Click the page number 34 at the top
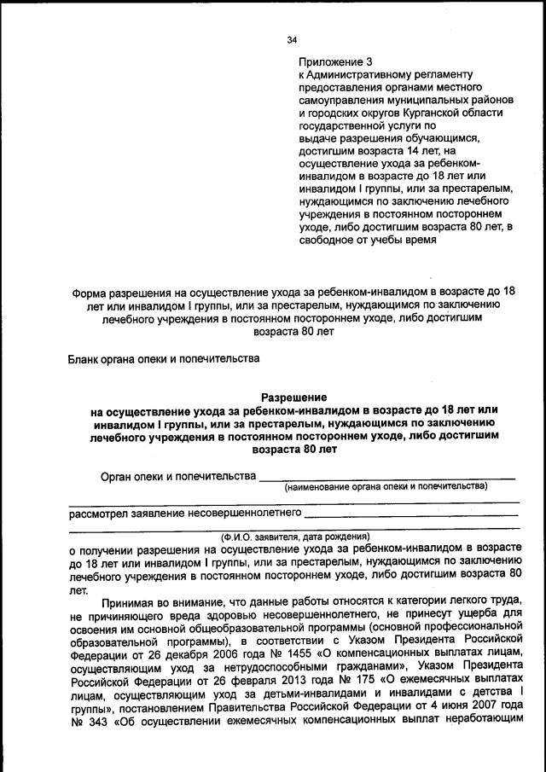(x=293, y=39)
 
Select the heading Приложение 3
(x=336, y=62)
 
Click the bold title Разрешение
(x=293, y=397)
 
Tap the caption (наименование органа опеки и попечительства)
(x=386, y=486)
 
